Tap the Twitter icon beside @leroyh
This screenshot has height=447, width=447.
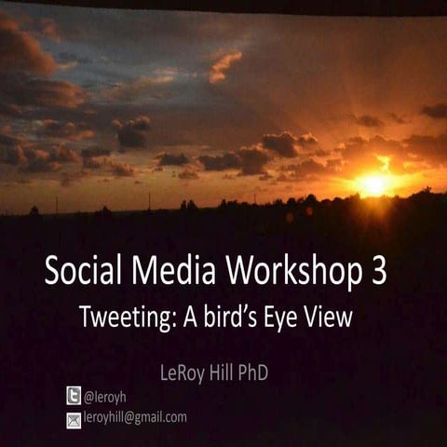point(74,396)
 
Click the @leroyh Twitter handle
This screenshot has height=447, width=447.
point(105,397)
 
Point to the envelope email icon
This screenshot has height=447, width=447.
point(74,419)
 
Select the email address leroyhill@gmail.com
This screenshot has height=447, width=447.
point(135,417)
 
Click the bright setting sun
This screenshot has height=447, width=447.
point(375,183)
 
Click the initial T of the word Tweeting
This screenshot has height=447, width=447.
point(86,317)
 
